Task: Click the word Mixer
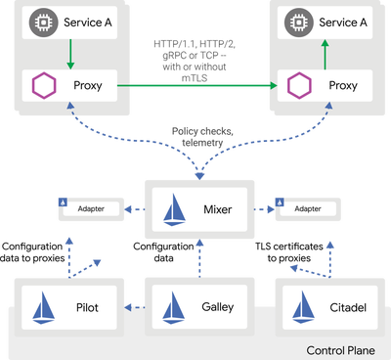pyautogui.click(x=216, y=208)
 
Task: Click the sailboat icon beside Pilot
pyautogui.click(x=46, y=305)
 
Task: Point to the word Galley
pyautogui.click(x=218, y=305)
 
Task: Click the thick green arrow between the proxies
pyautogui.click(x=195, y=86)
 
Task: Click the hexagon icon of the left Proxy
pyautogui.click(x=43, y=86)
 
